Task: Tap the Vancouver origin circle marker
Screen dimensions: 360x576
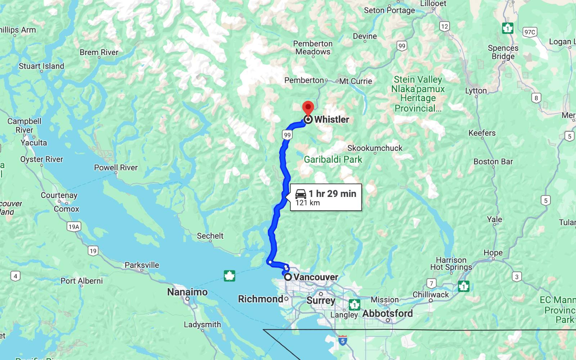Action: click(x=288, y=277)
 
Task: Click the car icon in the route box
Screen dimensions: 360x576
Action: click(x=301, y=194)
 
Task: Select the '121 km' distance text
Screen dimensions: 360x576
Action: click(x=307, y=203)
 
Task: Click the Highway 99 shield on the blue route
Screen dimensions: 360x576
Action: click(x=287, y=135)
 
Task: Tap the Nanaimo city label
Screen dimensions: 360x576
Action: click(x=187, y=292)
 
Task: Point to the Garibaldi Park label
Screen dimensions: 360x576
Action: click(x=333, y=159)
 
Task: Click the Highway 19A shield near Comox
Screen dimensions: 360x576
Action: click(x=74, y=226)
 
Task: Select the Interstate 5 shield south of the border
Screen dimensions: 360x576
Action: click(x=343, y=340)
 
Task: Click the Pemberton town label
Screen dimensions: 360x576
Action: click(x=304, y=80)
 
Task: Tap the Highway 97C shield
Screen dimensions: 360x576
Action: click(x=530, y=32)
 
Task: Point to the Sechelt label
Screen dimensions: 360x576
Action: click(x=210, y=236)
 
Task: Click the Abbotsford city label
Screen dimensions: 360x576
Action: click(x=387, y=313)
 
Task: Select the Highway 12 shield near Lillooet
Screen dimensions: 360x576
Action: click(x=445, y=26)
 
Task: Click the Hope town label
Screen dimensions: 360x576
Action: click(x=493, y=253)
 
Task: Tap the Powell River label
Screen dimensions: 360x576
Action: click(x=116, y=167)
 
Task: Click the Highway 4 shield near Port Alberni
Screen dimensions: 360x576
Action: click(x=15, y=276)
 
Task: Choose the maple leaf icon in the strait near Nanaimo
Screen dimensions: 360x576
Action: click(x=229, y=276)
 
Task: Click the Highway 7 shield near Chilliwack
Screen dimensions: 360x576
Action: click(x=431, y=283)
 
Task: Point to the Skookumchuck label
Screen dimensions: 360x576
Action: click(x=375, y=148)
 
